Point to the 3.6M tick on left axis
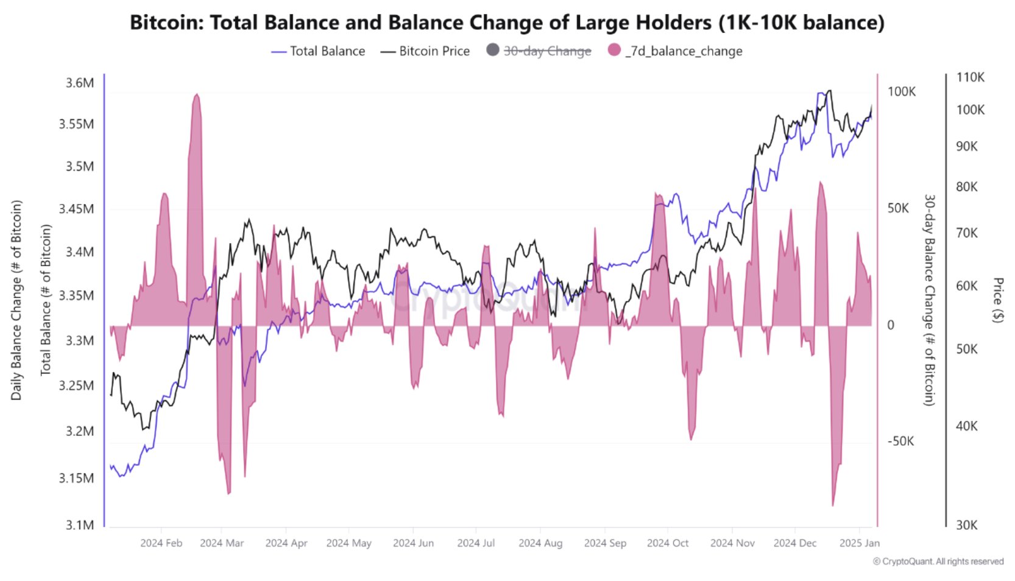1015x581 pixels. coord(80,83)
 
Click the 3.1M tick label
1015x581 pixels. coord(80,525)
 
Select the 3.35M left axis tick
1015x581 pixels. coord(77,296)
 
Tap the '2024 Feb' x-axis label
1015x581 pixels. coord(161,543)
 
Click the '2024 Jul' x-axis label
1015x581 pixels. coord(476,543)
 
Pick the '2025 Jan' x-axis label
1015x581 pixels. coord(859,543)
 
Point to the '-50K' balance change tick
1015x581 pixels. coord(900,442)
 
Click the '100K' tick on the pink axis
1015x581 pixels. coord(902,92)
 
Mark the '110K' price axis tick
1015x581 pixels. coord(970,77)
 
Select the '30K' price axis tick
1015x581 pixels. coord(966,525)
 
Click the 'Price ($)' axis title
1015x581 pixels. coord(998,300)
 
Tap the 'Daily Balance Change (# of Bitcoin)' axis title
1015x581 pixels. coord(16,300)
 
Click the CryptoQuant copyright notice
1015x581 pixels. coord(938,562)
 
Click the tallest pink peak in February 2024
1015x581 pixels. coord(196,96)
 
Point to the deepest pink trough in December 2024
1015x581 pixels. coord(833,504)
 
